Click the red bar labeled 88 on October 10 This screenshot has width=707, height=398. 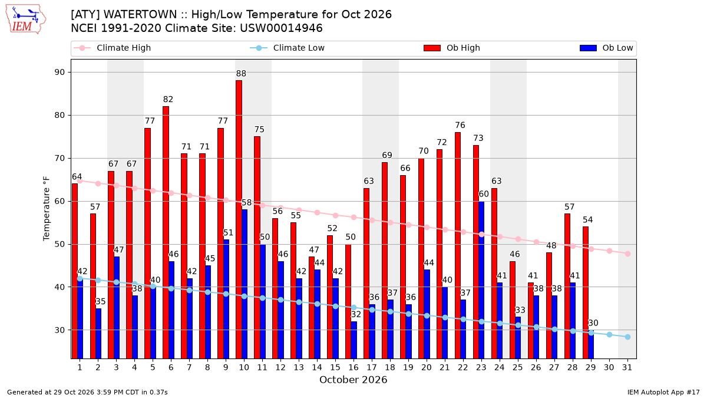pos(239,219)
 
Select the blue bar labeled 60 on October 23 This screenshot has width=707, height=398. pos(481,280)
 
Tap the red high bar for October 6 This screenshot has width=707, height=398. pos(166,232)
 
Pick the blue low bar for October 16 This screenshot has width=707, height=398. pos(353,340)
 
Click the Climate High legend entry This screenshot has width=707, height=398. pos(112,48)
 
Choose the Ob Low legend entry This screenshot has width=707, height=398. pos(606,48)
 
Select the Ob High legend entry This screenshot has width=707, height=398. pos(452,48)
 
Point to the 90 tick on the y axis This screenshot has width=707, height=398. pos(60,73)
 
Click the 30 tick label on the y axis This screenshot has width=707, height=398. pos(60,330)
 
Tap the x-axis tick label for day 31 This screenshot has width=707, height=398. pos(627,367)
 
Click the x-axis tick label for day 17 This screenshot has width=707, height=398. pos(372,367)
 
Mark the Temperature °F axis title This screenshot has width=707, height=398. pos(47,209)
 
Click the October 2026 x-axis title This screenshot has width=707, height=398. pos(353,380)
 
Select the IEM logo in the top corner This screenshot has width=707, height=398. pos(26,19)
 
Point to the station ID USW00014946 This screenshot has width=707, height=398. pos(281,28)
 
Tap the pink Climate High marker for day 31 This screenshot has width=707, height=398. pos(627,254)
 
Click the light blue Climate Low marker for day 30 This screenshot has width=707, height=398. pos(609,334)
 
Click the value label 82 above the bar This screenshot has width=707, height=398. pos(168,100)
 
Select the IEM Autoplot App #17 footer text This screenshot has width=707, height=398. pos(663,392)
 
